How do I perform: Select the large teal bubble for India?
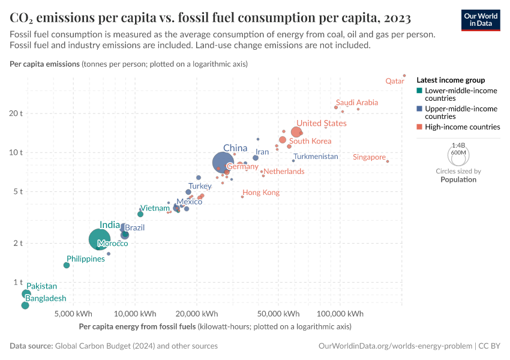click(100, 239)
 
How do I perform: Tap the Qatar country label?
click(394, 81)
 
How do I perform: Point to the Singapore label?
click(369, 157)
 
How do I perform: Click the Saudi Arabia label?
click(357, 103)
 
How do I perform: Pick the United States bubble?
click(296, 132)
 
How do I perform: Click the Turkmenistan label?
click(316, 157)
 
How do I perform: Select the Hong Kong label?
click(261, 193)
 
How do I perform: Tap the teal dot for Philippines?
click(67, 265)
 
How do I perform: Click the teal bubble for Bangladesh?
click(25, 305)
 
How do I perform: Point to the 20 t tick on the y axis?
click(15, 113)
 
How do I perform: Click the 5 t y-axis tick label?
click(17, 192)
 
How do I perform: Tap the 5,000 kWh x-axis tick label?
click(73, 314)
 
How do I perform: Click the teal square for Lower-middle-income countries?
click(419, 91)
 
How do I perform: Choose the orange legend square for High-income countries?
click(419, 127)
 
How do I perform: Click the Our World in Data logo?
click(480, 20)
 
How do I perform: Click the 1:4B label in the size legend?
click(458, 145)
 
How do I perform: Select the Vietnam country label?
click(155, 208)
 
